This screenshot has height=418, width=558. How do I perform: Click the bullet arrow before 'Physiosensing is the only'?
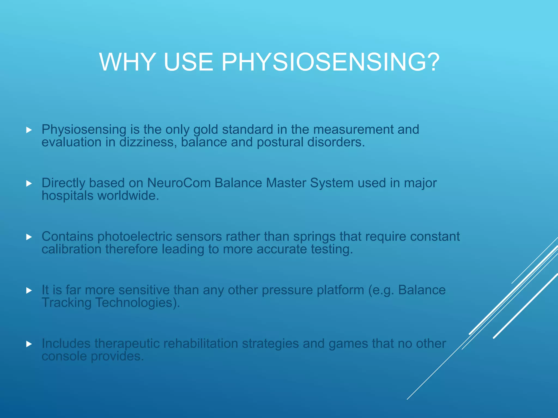(29, 130)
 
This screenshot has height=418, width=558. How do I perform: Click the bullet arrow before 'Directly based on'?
(29, 184)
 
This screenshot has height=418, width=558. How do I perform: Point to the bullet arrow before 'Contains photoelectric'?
(29, 237)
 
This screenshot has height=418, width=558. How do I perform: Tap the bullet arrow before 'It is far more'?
(29, 291)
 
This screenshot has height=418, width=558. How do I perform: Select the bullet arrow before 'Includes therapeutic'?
(29, 344)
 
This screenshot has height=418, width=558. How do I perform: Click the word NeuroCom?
(179, 183)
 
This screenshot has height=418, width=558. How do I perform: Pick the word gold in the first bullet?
(206, 130)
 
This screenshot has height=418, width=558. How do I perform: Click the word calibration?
(71, 249)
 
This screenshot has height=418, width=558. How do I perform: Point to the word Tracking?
(66, 303)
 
